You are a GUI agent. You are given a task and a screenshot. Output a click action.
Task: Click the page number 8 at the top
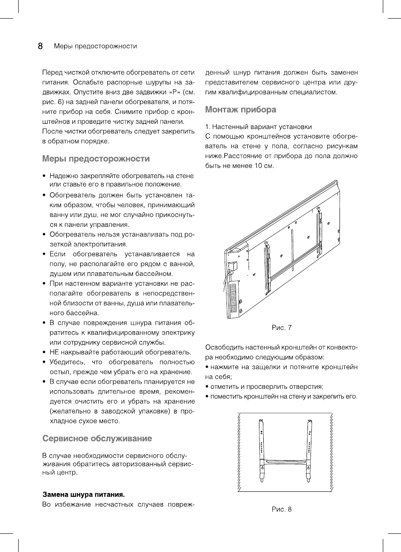click(x=40, y=46)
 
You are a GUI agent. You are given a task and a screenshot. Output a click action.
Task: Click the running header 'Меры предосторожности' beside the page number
click(x=95, y=46)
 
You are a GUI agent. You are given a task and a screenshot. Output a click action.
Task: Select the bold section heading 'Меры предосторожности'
click(x=96, y=158)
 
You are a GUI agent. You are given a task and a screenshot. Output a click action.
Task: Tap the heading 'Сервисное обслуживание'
click(x=97, y=439)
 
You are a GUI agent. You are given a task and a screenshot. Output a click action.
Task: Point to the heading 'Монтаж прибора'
click(x=240, y=110)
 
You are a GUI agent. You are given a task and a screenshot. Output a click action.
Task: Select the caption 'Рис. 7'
click(x=281, y=328)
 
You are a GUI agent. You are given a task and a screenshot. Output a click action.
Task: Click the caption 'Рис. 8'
click(x=281, y=509)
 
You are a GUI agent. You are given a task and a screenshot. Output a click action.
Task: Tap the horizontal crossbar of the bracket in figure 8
click(x=285, y=461)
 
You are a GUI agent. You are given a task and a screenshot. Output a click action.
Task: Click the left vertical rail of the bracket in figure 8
click(x=261, y=446)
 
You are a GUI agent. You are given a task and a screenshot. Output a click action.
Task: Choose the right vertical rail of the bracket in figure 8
click(x=310, y=446)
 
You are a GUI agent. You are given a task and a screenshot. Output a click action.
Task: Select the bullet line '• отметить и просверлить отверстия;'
click(x=264, y=387)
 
